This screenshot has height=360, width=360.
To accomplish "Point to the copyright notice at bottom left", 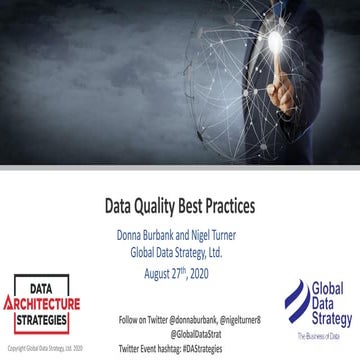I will [x=45, y=348].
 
